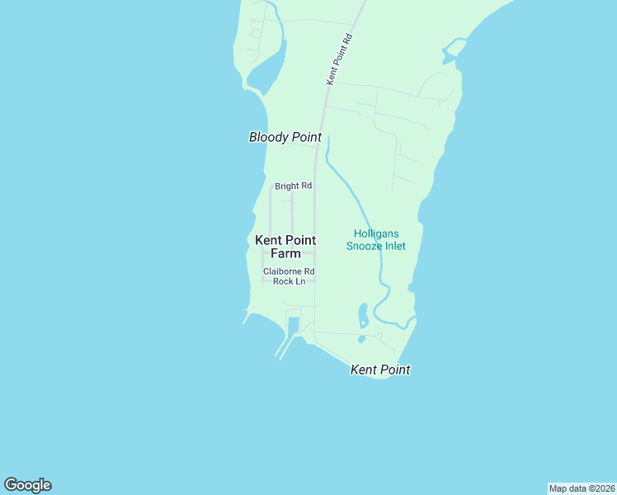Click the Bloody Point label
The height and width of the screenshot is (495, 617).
285,138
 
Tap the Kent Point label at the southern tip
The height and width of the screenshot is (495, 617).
380,370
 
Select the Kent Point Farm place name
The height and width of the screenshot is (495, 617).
285,247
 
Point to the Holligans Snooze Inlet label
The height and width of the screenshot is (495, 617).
375,240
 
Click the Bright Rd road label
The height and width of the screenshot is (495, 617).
293,186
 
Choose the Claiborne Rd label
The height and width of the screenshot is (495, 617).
289,271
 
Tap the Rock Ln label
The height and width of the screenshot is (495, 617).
289,281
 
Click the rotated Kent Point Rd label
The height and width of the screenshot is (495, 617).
340,59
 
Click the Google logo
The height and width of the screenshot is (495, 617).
27,485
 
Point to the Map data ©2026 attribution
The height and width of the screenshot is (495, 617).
582,488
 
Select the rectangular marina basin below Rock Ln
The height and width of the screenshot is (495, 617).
294,325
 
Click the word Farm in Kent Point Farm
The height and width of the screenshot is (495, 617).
285,253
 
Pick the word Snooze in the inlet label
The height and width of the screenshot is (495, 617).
366,246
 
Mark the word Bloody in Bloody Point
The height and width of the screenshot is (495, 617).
266,138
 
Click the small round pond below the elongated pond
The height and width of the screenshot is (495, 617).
361,338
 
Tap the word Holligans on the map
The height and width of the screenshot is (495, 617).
375,234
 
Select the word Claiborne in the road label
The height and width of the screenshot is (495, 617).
281,271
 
